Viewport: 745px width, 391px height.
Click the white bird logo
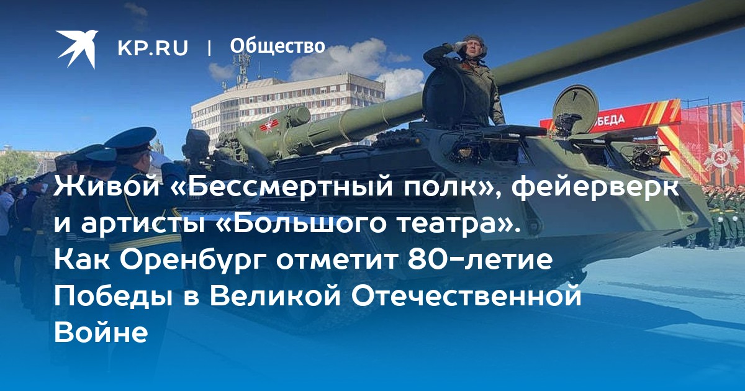(x=77, y=48)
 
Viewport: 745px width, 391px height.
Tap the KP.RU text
(x=153, y=48)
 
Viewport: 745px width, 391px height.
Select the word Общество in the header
(x=278, y=46)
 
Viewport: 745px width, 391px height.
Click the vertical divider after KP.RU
(x=209, y=48)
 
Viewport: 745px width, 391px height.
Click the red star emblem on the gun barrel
(x=268, y=125)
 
